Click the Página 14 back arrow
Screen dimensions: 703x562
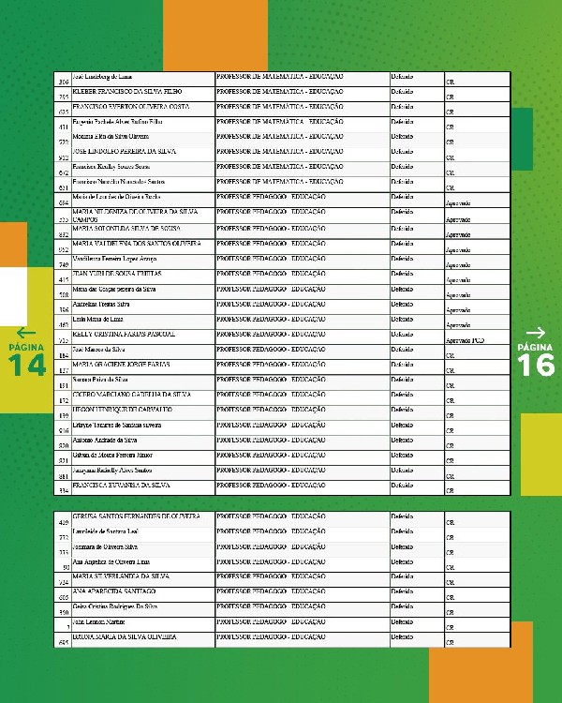coord(26,333)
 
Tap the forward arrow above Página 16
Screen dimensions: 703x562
coord(536,333)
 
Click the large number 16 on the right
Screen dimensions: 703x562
coord(536,366)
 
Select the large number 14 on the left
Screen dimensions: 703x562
coord(27,366)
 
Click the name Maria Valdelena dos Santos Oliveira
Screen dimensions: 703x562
coord(136,243)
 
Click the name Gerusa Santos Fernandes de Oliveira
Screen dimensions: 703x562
coord(136,516)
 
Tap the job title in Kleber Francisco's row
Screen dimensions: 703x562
coord(280,91)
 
